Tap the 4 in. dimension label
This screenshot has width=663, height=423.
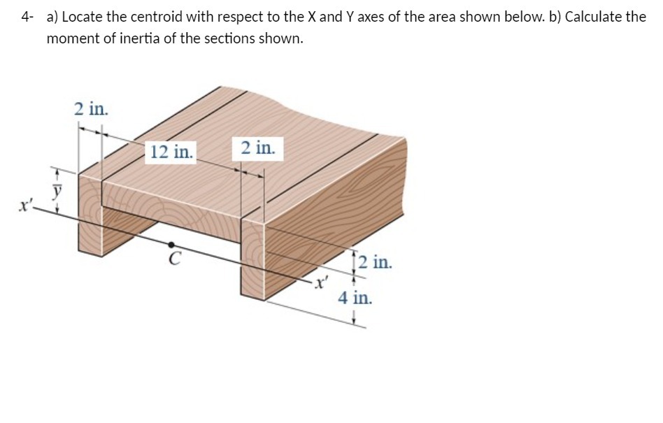[x=355, y=299]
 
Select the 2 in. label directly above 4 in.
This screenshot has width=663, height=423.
[x=378, y=264]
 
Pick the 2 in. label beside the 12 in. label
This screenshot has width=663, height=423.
[x=258, y=148]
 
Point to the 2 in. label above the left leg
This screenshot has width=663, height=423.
[x=91, y=108]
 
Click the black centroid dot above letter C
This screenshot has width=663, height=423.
[x=171, y=245]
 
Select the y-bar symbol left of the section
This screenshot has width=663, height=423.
[x=59, y=189]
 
